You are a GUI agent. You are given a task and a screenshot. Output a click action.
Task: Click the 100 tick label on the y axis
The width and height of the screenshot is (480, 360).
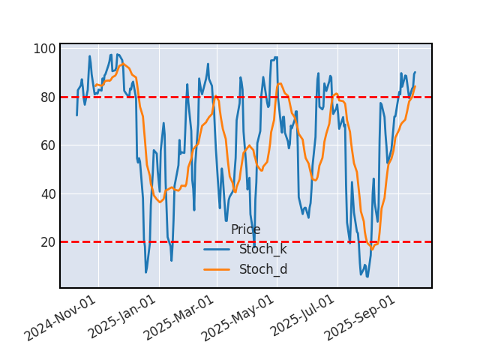pos(44,49)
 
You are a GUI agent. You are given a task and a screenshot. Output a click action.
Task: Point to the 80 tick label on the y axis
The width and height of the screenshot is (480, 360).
pos(47,97)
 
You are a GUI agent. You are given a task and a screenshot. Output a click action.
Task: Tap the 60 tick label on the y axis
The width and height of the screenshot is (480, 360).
pos(47,145)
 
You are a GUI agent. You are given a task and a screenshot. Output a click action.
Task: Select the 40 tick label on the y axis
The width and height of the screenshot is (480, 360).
pos(47,193)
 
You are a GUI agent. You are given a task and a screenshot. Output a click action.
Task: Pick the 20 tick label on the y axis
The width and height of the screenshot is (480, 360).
pos(47,242)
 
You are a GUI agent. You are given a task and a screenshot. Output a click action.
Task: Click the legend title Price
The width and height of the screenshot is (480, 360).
pos(245,230)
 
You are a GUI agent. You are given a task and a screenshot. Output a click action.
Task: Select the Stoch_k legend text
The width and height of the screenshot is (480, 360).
pos(262,249)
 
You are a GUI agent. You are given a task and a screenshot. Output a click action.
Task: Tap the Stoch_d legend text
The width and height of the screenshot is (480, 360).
pos(262,269)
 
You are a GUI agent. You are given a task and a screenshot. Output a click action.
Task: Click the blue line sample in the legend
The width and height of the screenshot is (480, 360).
pos(217,249)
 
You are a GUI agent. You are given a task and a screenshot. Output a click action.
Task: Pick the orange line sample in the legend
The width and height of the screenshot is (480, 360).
pos(217,269)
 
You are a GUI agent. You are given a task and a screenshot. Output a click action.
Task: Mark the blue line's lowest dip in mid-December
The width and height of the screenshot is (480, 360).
pos(146,272)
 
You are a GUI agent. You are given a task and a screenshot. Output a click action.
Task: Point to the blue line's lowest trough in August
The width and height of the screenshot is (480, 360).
pos(367,277)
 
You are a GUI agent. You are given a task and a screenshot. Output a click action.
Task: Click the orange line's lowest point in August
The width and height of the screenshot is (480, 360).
pos(372,249)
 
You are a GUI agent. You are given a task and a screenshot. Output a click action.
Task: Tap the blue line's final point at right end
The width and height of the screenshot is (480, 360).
pos(415,73)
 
